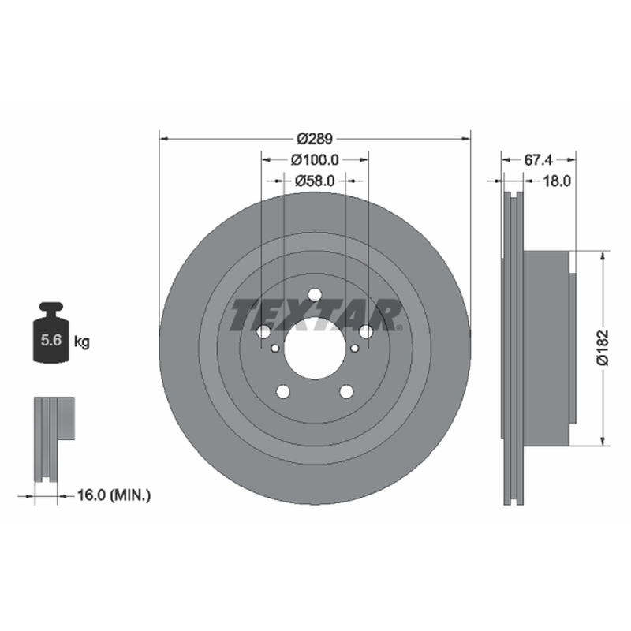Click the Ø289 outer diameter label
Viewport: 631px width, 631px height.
coord(315,139)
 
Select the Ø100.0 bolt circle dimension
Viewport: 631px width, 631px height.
coord(315,160)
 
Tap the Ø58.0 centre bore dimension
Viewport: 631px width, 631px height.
coord(315,181)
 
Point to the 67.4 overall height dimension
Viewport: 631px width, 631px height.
coord(539,160)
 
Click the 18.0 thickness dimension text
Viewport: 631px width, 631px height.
coord(557,181)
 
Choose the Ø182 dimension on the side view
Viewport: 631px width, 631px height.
coord(603,348)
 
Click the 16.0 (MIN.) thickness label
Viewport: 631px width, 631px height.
coord(114,495)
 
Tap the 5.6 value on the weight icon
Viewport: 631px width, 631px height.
coord(51,340)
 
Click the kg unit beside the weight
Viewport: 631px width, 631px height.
coord(82,342)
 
